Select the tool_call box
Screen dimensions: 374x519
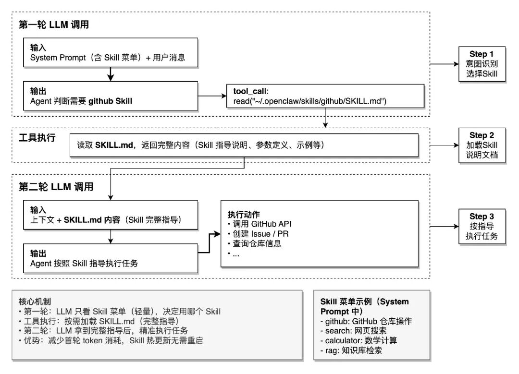(x=326, y=96)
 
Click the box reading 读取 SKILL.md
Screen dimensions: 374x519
(x=244, y=145)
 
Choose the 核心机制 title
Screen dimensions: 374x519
(x=32, y=302)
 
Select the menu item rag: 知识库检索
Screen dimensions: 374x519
(x=351, y=350)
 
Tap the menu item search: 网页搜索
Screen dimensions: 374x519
(x=353, y=331)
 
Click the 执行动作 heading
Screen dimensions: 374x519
(x=244, y=214)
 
